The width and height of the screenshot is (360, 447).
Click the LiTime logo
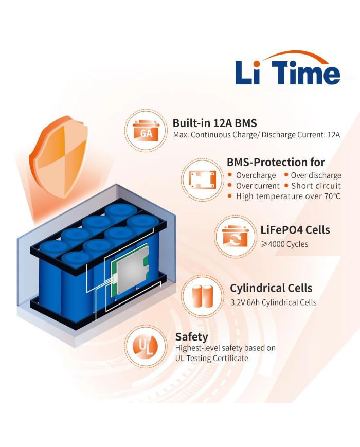click(x=287, y=69)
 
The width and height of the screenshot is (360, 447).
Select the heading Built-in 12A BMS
click(x=214, y=123)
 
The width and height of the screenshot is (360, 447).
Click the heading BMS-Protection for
click(x=276, y=162)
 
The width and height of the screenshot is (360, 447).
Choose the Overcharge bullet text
click(x=256, y=175)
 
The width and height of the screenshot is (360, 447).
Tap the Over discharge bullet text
click(x=316, y=175)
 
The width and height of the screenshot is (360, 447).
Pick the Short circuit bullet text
click(x=316, y=186)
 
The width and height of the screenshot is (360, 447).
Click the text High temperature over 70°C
click(x=288, y=196)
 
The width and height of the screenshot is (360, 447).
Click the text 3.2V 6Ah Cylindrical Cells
click(x=273, y=302)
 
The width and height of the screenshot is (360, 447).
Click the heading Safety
click(x=191, y=337)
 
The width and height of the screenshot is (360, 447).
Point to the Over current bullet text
click(x=258, y=186)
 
